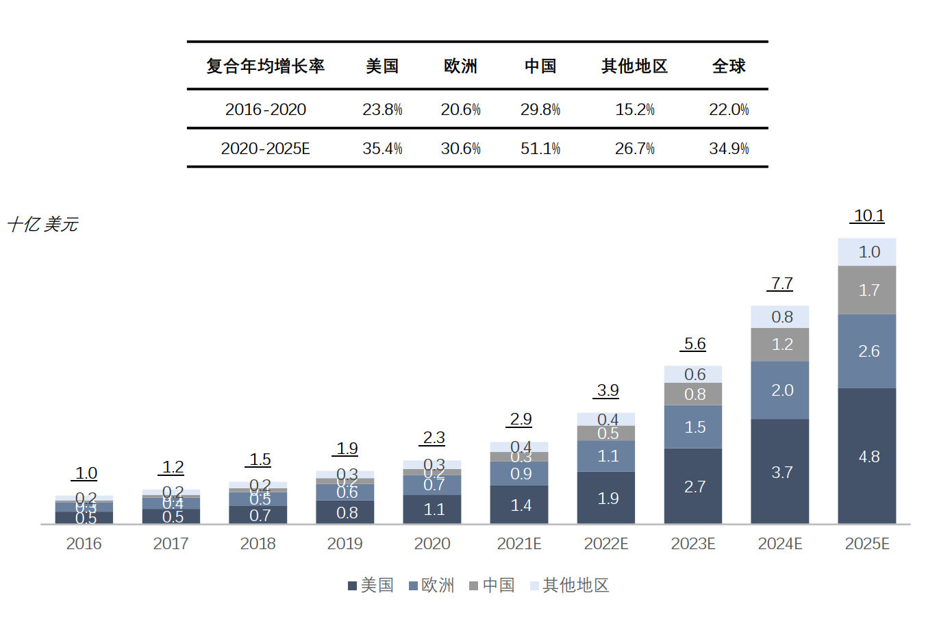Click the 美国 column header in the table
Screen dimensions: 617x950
[x=382, y=66]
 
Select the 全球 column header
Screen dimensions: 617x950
[x=728, y=66]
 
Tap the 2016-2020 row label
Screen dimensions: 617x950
[x=265, y=110]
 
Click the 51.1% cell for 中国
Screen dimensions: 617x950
[x=540, y=149]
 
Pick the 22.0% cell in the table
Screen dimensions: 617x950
[x=728, y=110]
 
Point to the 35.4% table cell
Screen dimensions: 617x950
[x=382, y=149]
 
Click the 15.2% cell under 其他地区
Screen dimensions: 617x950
[x=634, y=110]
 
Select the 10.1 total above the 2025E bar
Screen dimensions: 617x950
[x=868, y=216]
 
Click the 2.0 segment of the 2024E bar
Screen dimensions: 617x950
[x=781, y=390]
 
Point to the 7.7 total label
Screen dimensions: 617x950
[x=782, y=284]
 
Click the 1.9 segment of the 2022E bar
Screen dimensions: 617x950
[x=607, y=498]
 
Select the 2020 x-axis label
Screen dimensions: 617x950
[x=432, y=544]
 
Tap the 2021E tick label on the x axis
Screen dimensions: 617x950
[x=518, y=544]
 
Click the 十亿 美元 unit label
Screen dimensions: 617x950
[x=42, y=225]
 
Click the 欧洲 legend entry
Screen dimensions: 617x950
[x=432, y=585]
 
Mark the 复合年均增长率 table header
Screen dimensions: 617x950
[x=265, y=66]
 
